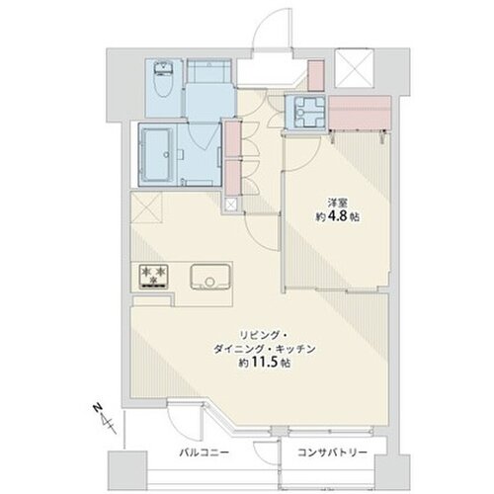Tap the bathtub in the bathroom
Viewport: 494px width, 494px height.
(x=157, y=154)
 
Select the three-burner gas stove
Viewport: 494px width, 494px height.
(x=153, y=277)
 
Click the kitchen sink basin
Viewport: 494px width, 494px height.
(x=209, y=277)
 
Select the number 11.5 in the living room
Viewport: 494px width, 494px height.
(x=265, y=363)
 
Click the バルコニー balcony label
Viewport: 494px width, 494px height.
(x=205, y=453)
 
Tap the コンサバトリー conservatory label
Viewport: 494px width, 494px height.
(x=332, y=453)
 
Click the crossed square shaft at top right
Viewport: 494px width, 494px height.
(x=354, y=68)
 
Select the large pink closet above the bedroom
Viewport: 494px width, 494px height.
(x=360, y=113)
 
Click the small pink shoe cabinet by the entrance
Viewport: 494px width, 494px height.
(x=316, y=75)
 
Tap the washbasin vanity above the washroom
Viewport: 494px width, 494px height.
(x=208, y=71)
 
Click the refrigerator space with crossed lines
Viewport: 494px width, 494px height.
(x=146, y=207)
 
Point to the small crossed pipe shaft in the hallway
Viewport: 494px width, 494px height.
(x=231, y=205)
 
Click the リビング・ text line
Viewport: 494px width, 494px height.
(x=264, y=335)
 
